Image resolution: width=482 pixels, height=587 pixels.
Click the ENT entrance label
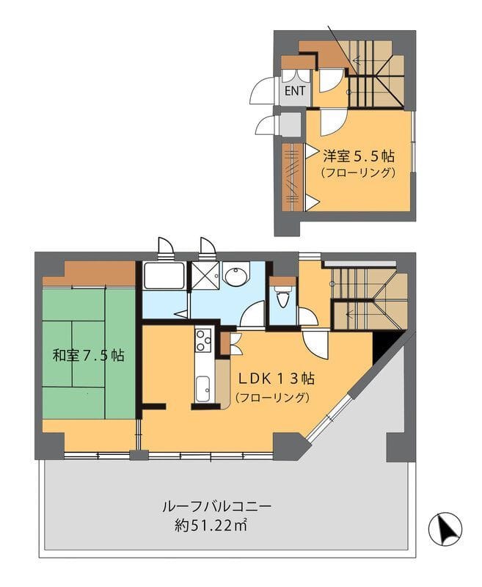(295, 91)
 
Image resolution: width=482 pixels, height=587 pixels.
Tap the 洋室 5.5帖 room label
(359, 156)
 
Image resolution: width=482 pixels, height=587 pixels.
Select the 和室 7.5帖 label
(88, 355)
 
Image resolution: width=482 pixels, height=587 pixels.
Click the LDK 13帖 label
(277, 379)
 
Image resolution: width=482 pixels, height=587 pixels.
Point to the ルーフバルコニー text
(216, 507)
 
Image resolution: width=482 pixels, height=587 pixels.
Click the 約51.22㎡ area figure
(211, 526)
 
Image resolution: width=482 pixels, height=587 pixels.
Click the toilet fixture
(282, 298)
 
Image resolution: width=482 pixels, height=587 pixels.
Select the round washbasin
(235, 276)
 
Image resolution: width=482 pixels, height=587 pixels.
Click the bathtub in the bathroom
(164, 276)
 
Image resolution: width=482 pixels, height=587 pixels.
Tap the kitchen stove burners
(202, 340)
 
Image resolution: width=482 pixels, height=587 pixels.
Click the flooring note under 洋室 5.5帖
(358, 172)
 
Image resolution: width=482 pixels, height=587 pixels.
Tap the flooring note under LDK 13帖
(272, 397)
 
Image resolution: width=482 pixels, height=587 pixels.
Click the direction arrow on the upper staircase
(360, 59)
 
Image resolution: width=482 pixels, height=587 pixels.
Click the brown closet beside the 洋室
(293, 178)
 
